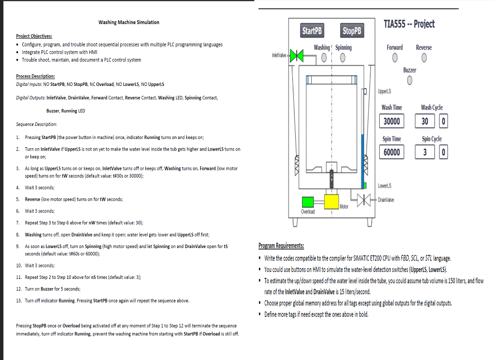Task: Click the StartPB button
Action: pos(312,31)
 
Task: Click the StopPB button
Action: pos(352,31)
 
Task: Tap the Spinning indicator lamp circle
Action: pos(342,58)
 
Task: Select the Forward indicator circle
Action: pos(395,58)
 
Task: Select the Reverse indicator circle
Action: pos(424,58)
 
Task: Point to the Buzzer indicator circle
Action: pos(410,81)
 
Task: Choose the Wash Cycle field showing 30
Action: pos(425,121)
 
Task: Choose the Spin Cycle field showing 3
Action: pos(425,152)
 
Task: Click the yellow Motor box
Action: pos(331,202)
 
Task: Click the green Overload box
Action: pos(308,202)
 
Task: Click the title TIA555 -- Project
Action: pos(409,24)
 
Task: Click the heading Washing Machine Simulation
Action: pos(129,22)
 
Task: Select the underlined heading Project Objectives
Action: pos(34,36)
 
